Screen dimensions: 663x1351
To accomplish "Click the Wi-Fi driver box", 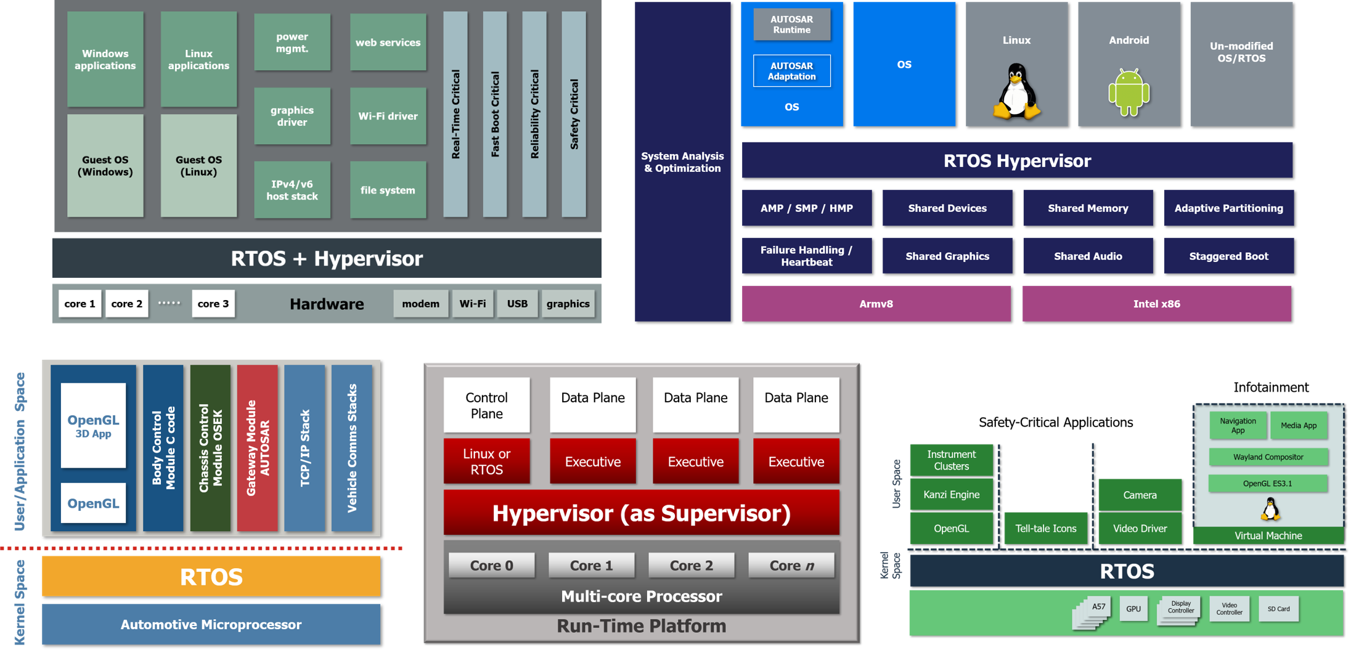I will (388, 116).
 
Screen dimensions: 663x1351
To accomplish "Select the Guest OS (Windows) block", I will (105, 165).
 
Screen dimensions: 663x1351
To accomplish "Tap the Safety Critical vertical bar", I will (574, 114).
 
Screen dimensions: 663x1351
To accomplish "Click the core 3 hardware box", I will (213, 304).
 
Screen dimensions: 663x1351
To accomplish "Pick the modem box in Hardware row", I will (420, 304).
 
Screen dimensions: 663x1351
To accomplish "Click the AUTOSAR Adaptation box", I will (791, 71).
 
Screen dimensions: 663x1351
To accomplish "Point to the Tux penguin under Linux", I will (1016, 92).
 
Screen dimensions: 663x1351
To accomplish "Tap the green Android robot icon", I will (1129, 92).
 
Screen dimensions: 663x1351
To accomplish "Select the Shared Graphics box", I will (947, 256).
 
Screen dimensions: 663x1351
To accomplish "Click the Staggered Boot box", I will (1228, 256).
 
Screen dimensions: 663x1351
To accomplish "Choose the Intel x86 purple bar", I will (1156, 304).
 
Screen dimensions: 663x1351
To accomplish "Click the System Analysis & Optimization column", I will (682, 161).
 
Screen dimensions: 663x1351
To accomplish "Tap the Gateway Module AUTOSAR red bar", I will (257, 448).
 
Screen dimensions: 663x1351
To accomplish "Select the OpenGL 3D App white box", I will (93, 425).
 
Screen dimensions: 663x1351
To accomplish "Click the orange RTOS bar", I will (211, 577).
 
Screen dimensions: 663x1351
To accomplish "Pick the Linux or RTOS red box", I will (486, 461).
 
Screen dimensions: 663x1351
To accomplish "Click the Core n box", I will (791, 565).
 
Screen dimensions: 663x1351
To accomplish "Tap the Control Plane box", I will (486, 405).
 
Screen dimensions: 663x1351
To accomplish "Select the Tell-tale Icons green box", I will (1045, 528).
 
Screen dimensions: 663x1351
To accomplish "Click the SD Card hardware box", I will (1278, 609).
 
